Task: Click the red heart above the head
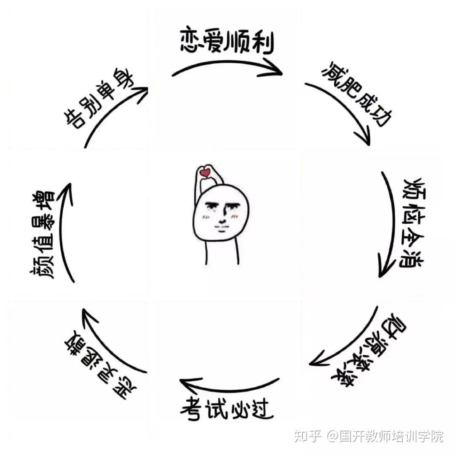tap(206, 172)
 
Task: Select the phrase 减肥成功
tap(353, 95)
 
